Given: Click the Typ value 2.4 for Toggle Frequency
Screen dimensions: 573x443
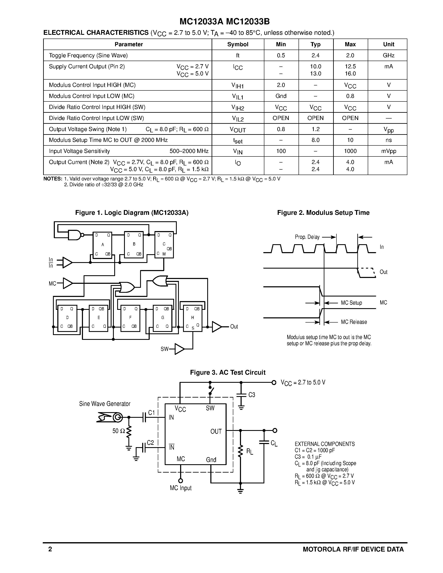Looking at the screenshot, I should coord(315,55).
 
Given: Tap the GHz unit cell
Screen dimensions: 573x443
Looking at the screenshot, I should coord(388,55).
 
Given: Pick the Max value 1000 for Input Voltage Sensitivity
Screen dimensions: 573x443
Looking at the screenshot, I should coord(350,151).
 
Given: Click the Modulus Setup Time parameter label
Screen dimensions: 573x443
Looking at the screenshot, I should coord(108,140).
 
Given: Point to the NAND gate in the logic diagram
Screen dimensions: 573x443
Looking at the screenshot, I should coord(75,235).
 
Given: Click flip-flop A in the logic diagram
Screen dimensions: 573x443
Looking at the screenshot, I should coord(103,245).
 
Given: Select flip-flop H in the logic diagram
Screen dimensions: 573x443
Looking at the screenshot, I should coord(193,318).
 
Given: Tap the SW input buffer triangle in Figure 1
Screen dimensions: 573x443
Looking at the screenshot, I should coord(179,349).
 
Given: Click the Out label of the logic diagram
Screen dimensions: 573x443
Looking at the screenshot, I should coord(234,327).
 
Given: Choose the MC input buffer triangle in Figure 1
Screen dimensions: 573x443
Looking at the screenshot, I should coord(68,283).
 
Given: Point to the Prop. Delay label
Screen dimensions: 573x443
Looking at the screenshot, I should coord(307,237).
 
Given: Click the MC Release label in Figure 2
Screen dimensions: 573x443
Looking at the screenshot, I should coord(354,322).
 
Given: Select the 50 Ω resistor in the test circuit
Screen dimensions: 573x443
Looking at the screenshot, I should coord(129,431).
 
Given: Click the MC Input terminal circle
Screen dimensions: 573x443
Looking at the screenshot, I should coord(181,481).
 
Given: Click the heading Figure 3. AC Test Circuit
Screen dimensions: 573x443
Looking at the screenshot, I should coord(227,373).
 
